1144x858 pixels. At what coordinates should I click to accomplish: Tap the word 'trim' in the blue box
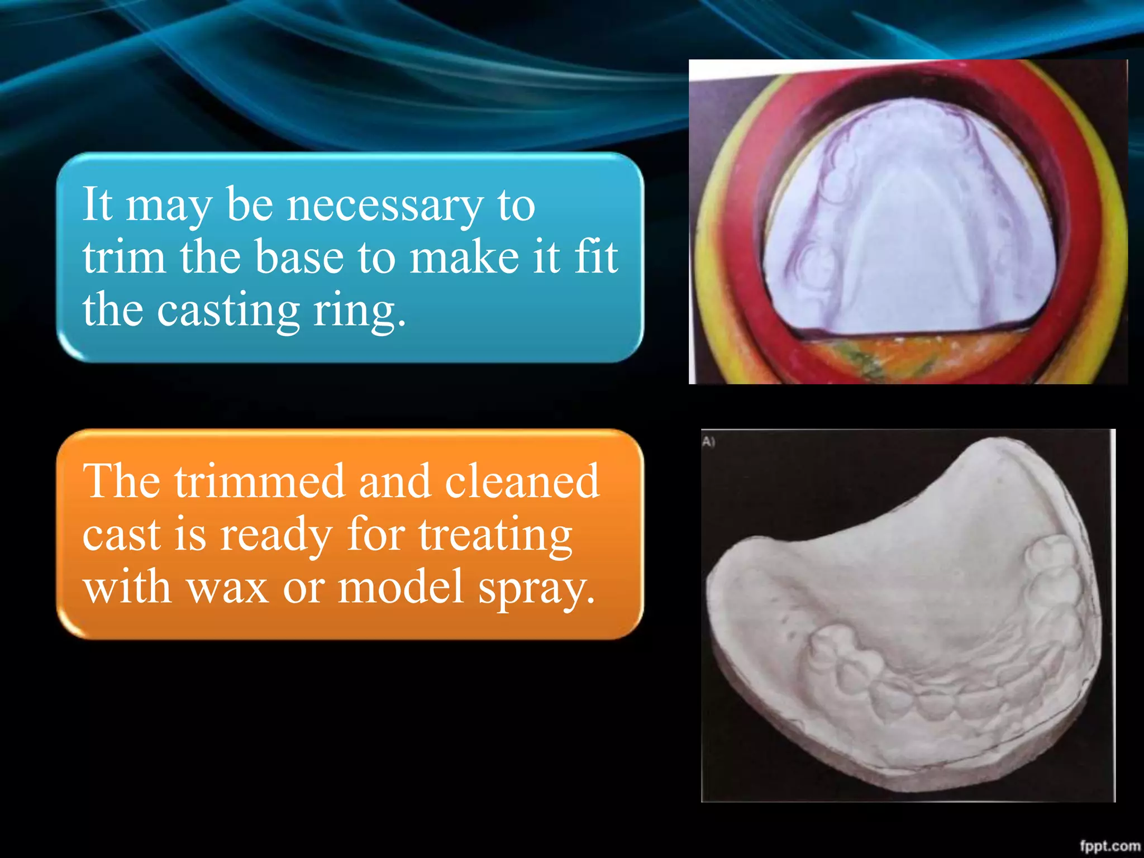tap(124, 258)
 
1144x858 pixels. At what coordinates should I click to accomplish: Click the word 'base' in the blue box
tap(299, 258)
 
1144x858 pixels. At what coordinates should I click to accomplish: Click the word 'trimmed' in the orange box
tap(259, 481)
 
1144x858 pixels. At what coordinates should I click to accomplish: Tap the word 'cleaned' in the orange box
tap(522, 481)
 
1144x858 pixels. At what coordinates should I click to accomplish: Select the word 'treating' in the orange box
tap(495, 535)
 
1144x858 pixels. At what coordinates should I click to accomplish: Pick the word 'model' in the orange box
tap(401, 588)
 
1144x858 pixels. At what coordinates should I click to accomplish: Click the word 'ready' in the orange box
tap(276, 535)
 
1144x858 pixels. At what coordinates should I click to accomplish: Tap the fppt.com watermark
tap(1109, 846)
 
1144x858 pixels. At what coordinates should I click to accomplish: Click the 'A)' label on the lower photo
tap(708, 442)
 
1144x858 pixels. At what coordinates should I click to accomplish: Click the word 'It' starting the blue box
tap(98, 204)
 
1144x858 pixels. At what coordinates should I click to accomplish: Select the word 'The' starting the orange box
tap(121, 481)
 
